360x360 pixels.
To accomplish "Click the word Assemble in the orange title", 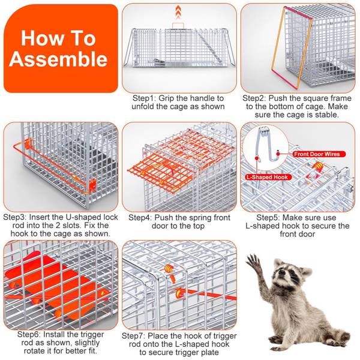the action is coord(58,59).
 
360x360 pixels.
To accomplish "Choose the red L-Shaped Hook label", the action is coord(268,177).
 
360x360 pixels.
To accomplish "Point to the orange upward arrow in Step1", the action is coord(178,12).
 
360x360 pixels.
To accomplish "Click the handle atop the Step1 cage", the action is coord(178,25).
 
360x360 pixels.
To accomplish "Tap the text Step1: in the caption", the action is coord(143,98).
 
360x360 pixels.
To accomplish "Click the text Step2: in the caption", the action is coord(254,98).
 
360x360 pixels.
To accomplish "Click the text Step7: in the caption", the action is coord(133,336).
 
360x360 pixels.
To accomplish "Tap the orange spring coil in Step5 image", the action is coord(318,166).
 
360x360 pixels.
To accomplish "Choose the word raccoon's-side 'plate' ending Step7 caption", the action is coord(209,352).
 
